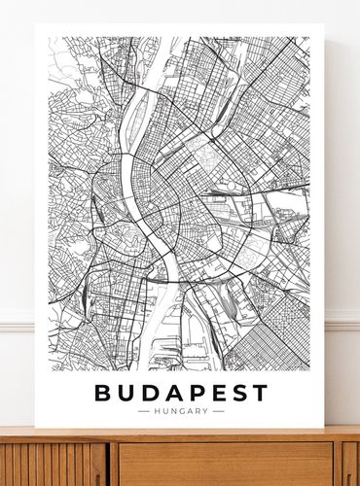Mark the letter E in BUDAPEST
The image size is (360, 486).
216,394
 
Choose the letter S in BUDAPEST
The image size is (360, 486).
236,394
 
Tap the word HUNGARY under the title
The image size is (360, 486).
180,411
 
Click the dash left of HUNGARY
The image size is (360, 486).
144,411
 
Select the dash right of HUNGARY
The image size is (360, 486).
218,411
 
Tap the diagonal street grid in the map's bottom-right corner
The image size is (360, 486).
292,340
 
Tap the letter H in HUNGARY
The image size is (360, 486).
155,411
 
